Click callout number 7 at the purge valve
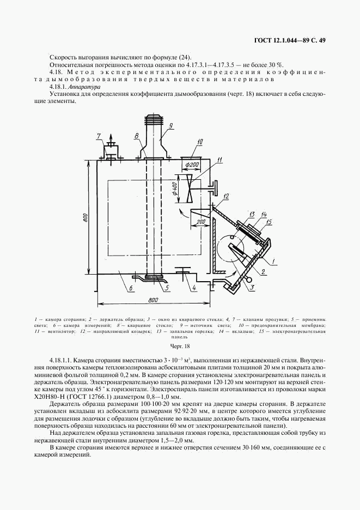coord(99,136)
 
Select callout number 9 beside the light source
coord(171,126)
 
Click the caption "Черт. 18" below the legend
coord(180,346)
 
